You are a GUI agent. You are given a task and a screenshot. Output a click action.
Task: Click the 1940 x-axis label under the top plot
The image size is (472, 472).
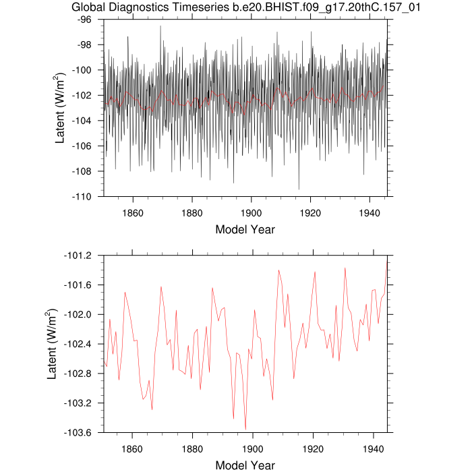coord(370,209)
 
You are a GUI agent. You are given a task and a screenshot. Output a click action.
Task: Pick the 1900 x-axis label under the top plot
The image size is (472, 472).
coord(252,209)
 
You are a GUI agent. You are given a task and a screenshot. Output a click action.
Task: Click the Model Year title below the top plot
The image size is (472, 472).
coord(245,229)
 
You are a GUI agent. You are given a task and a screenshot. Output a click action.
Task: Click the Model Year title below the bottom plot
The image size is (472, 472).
coord(245,465)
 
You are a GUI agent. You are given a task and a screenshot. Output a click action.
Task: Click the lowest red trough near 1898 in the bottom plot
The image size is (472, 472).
coord(246,429)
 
